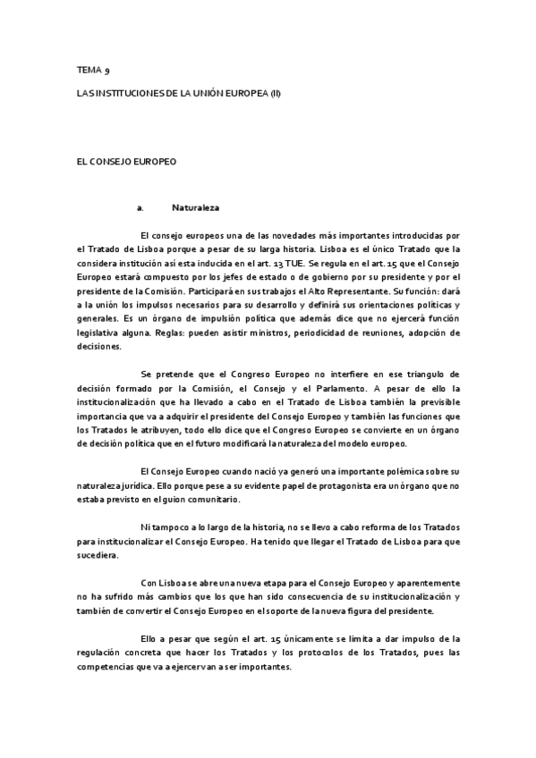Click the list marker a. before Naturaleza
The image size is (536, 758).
tap(140, 208)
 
